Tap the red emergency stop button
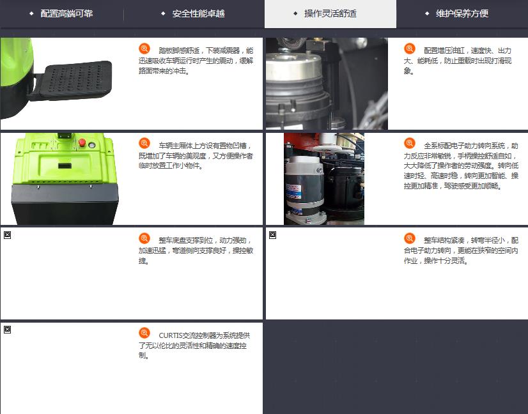pos(82,142)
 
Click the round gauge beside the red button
pos(91,146)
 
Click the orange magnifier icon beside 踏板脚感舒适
pos(144,49)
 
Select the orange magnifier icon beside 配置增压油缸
pos(410,49)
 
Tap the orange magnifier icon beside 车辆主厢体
pos(144,143)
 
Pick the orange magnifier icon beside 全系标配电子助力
pos(410,143)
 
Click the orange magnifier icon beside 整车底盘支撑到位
pos(144,238)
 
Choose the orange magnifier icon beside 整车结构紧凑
pos(410,238)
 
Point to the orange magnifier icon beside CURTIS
pos(144,333)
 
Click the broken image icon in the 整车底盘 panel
pos(8,235)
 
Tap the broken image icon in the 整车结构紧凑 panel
pos(273,235)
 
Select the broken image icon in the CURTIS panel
pos(8,330)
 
